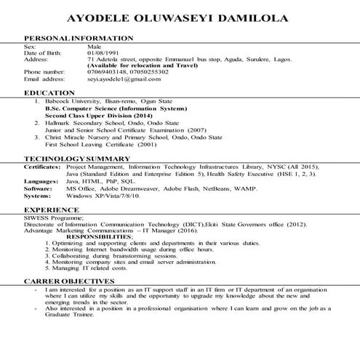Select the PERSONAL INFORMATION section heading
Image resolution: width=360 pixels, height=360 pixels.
tap(79, 37)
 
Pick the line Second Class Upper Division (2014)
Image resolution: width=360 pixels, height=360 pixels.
tap(89, 116)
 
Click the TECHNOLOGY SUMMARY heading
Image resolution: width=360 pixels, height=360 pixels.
tap(76, 158)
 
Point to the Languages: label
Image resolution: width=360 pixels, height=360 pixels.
tap(41, 181)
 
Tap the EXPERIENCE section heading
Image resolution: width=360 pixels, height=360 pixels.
tap(52, 209)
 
